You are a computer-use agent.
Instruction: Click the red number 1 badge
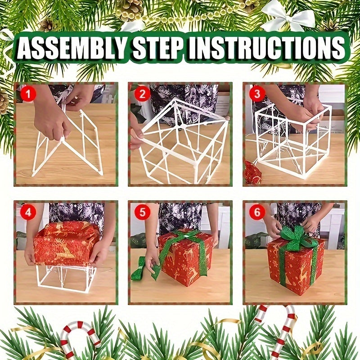28,94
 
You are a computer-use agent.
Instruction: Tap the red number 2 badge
143,94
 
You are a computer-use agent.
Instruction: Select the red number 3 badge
257,94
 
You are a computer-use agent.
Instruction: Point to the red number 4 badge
28,212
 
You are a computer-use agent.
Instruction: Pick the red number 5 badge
143,212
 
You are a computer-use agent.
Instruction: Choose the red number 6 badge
257,212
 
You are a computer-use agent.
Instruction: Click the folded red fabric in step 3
253,173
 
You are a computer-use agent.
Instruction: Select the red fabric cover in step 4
66,243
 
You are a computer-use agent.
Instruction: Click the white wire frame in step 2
180,139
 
